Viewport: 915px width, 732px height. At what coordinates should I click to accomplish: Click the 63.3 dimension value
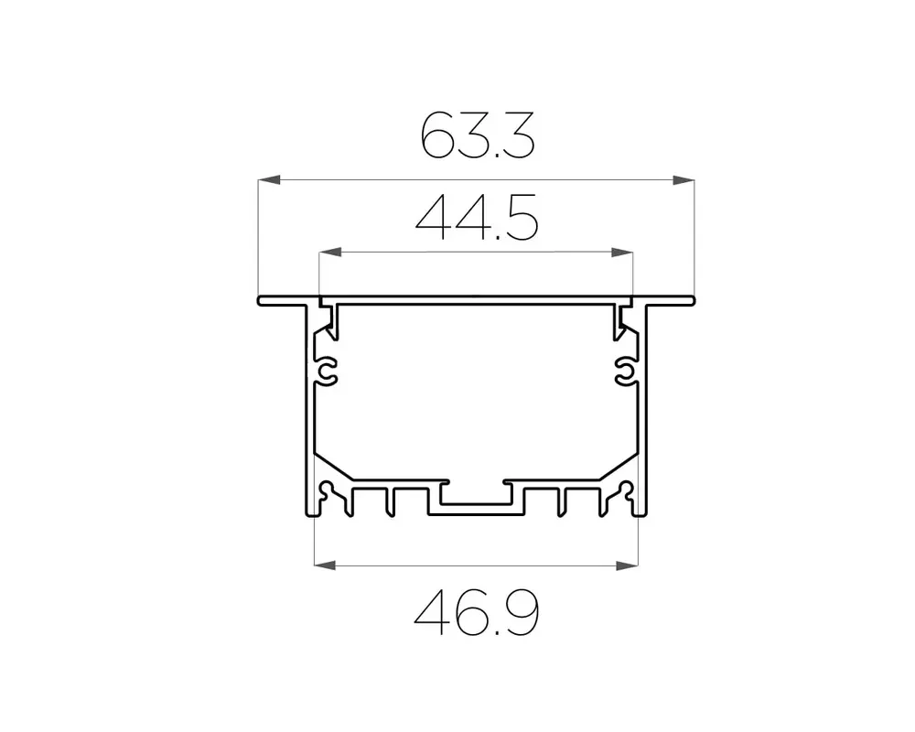478,136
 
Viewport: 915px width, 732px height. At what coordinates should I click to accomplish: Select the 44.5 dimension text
477,218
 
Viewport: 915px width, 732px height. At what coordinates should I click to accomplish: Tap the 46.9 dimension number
477,612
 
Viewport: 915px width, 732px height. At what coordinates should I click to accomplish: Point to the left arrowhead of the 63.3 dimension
269,179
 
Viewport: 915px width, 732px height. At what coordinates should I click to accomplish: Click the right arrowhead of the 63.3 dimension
684,179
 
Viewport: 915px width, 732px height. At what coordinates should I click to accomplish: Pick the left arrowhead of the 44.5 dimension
330,253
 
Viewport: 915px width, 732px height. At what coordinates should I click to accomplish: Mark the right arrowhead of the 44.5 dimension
621,253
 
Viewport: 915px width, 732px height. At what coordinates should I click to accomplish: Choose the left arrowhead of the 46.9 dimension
325,565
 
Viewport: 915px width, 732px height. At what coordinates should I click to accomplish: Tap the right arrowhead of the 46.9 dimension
627,565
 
